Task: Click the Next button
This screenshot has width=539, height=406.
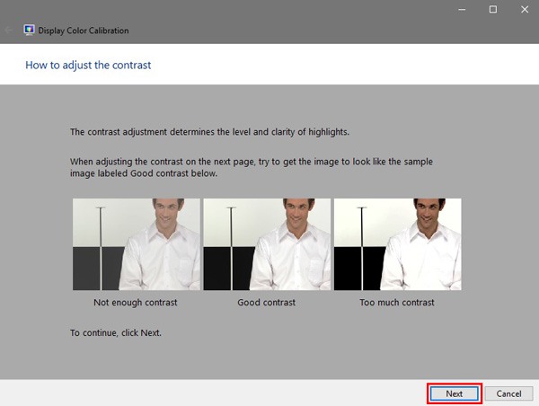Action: coord(454,393)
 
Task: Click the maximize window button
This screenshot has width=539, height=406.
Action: coord(492,9)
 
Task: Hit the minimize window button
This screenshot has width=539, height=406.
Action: coord(460,9)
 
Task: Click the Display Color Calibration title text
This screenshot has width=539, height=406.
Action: coord(84,31)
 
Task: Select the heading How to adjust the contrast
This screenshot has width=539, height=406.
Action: coord(87,66)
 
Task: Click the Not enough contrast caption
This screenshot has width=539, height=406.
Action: coord(136,303)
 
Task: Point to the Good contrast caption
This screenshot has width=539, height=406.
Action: coord(267,303)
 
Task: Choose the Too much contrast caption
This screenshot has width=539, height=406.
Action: coord(397,303)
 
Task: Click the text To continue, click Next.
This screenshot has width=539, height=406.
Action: coord(116,333)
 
